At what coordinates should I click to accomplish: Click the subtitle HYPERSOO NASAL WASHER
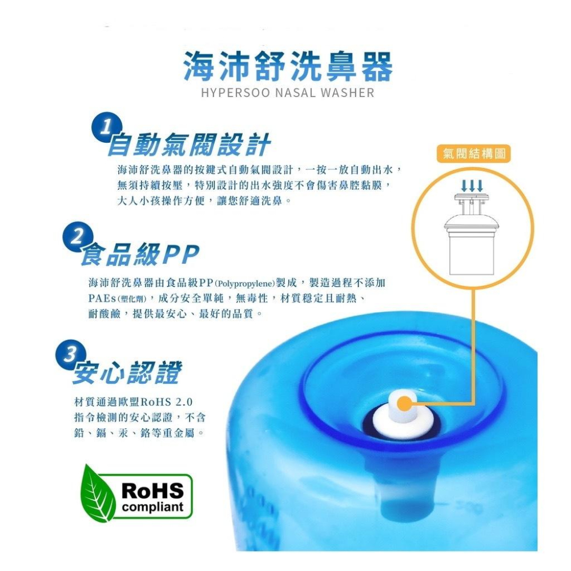288,93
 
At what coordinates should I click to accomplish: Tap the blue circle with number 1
104,128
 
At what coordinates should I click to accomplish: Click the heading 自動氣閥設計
189,145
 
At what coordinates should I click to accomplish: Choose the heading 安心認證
127,373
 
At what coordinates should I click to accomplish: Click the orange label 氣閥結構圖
473,153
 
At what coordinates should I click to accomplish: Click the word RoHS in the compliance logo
154,490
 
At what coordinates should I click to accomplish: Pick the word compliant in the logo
154,506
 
